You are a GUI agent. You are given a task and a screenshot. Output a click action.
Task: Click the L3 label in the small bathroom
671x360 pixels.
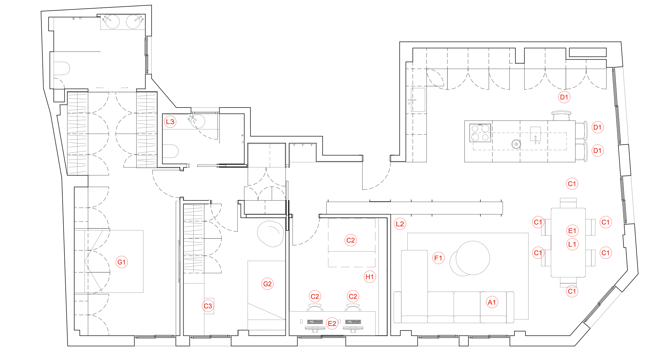[170, 122]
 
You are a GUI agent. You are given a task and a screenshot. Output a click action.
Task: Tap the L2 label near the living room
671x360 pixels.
[400, 224]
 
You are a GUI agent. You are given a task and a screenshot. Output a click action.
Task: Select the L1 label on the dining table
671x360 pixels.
[572, 244]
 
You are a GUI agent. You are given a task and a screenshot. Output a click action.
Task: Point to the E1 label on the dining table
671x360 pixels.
[572, 231]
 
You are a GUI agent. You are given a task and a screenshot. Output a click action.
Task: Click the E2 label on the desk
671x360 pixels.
[332, 323]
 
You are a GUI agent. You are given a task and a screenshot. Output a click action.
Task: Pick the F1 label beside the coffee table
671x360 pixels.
[438, 258]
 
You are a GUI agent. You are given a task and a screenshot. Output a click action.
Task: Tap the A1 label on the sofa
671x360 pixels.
[492, 302]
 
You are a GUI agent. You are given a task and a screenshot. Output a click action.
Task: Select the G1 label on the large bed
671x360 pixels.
[122, 262]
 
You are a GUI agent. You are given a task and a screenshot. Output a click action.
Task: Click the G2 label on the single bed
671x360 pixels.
[267, 284]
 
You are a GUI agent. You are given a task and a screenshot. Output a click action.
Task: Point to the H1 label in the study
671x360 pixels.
[370, 277]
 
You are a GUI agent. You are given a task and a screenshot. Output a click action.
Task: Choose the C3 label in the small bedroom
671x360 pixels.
[208, 306]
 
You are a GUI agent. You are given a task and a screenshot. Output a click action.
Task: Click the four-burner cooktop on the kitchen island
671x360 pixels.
[480, 133]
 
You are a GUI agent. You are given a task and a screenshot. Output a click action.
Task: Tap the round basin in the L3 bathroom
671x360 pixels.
[198, 121]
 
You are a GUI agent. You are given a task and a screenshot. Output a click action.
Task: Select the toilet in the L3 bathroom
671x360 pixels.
[170, 151]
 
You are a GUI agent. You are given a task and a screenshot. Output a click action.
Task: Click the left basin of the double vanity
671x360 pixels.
[112, 22]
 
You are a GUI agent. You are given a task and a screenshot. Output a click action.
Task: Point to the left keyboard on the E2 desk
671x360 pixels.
[315, 322]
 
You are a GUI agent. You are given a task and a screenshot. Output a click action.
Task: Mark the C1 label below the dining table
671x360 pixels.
[572, 291]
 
